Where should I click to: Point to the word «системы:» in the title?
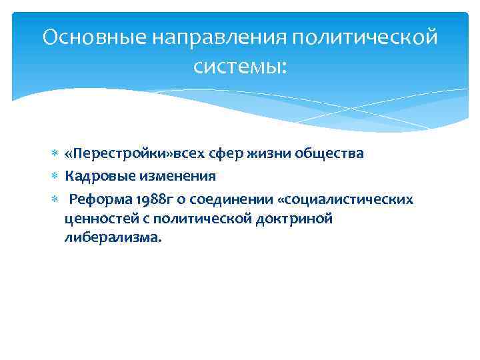pos(240,66)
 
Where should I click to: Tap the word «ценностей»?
pos(96,219)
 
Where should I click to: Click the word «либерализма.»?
pos(113,238)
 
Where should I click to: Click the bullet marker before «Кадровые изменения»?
pos(54,177)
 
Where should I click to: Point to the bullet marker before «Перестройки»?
pos(54,155)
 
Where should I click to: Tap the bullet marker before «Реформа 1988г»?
pos(54,199)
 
